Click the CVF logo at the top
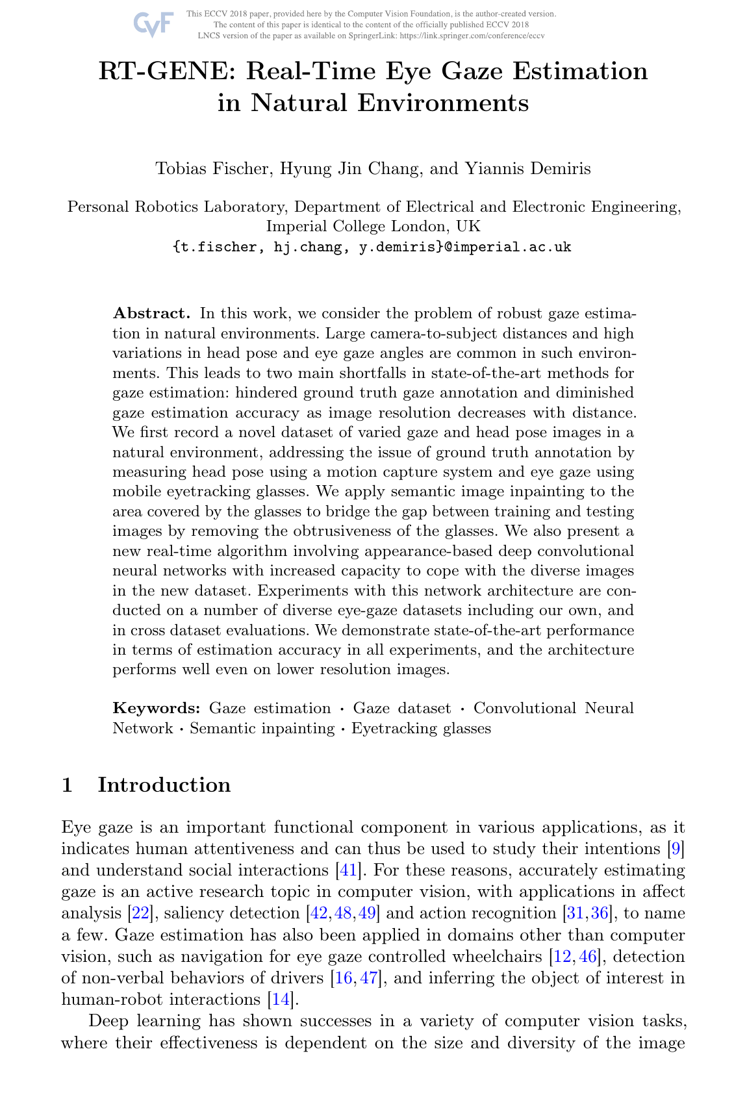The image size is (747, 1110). pyautogui.click(x=153, y=25)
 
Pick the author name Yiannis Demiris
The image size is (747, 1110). pyautogui.click(x=527, y=169)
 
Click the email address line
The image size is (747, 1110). pyautogui.click(x=372, y=247)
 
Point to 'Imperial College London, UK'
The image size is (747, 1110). pyautogui.click(x=373, y=226)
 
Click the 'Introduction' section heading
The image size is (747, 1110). pyautogui.click(x=164, y=785)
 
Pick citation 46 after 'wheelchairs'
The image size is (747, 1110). pyautogui.click(x=587, y=956)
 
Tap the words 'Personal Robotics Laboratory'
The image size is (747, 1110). pyautogui.click(x=176, y=207)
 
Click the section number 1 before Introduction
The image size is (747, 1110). pyautogui.click(x=66, y=785)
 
